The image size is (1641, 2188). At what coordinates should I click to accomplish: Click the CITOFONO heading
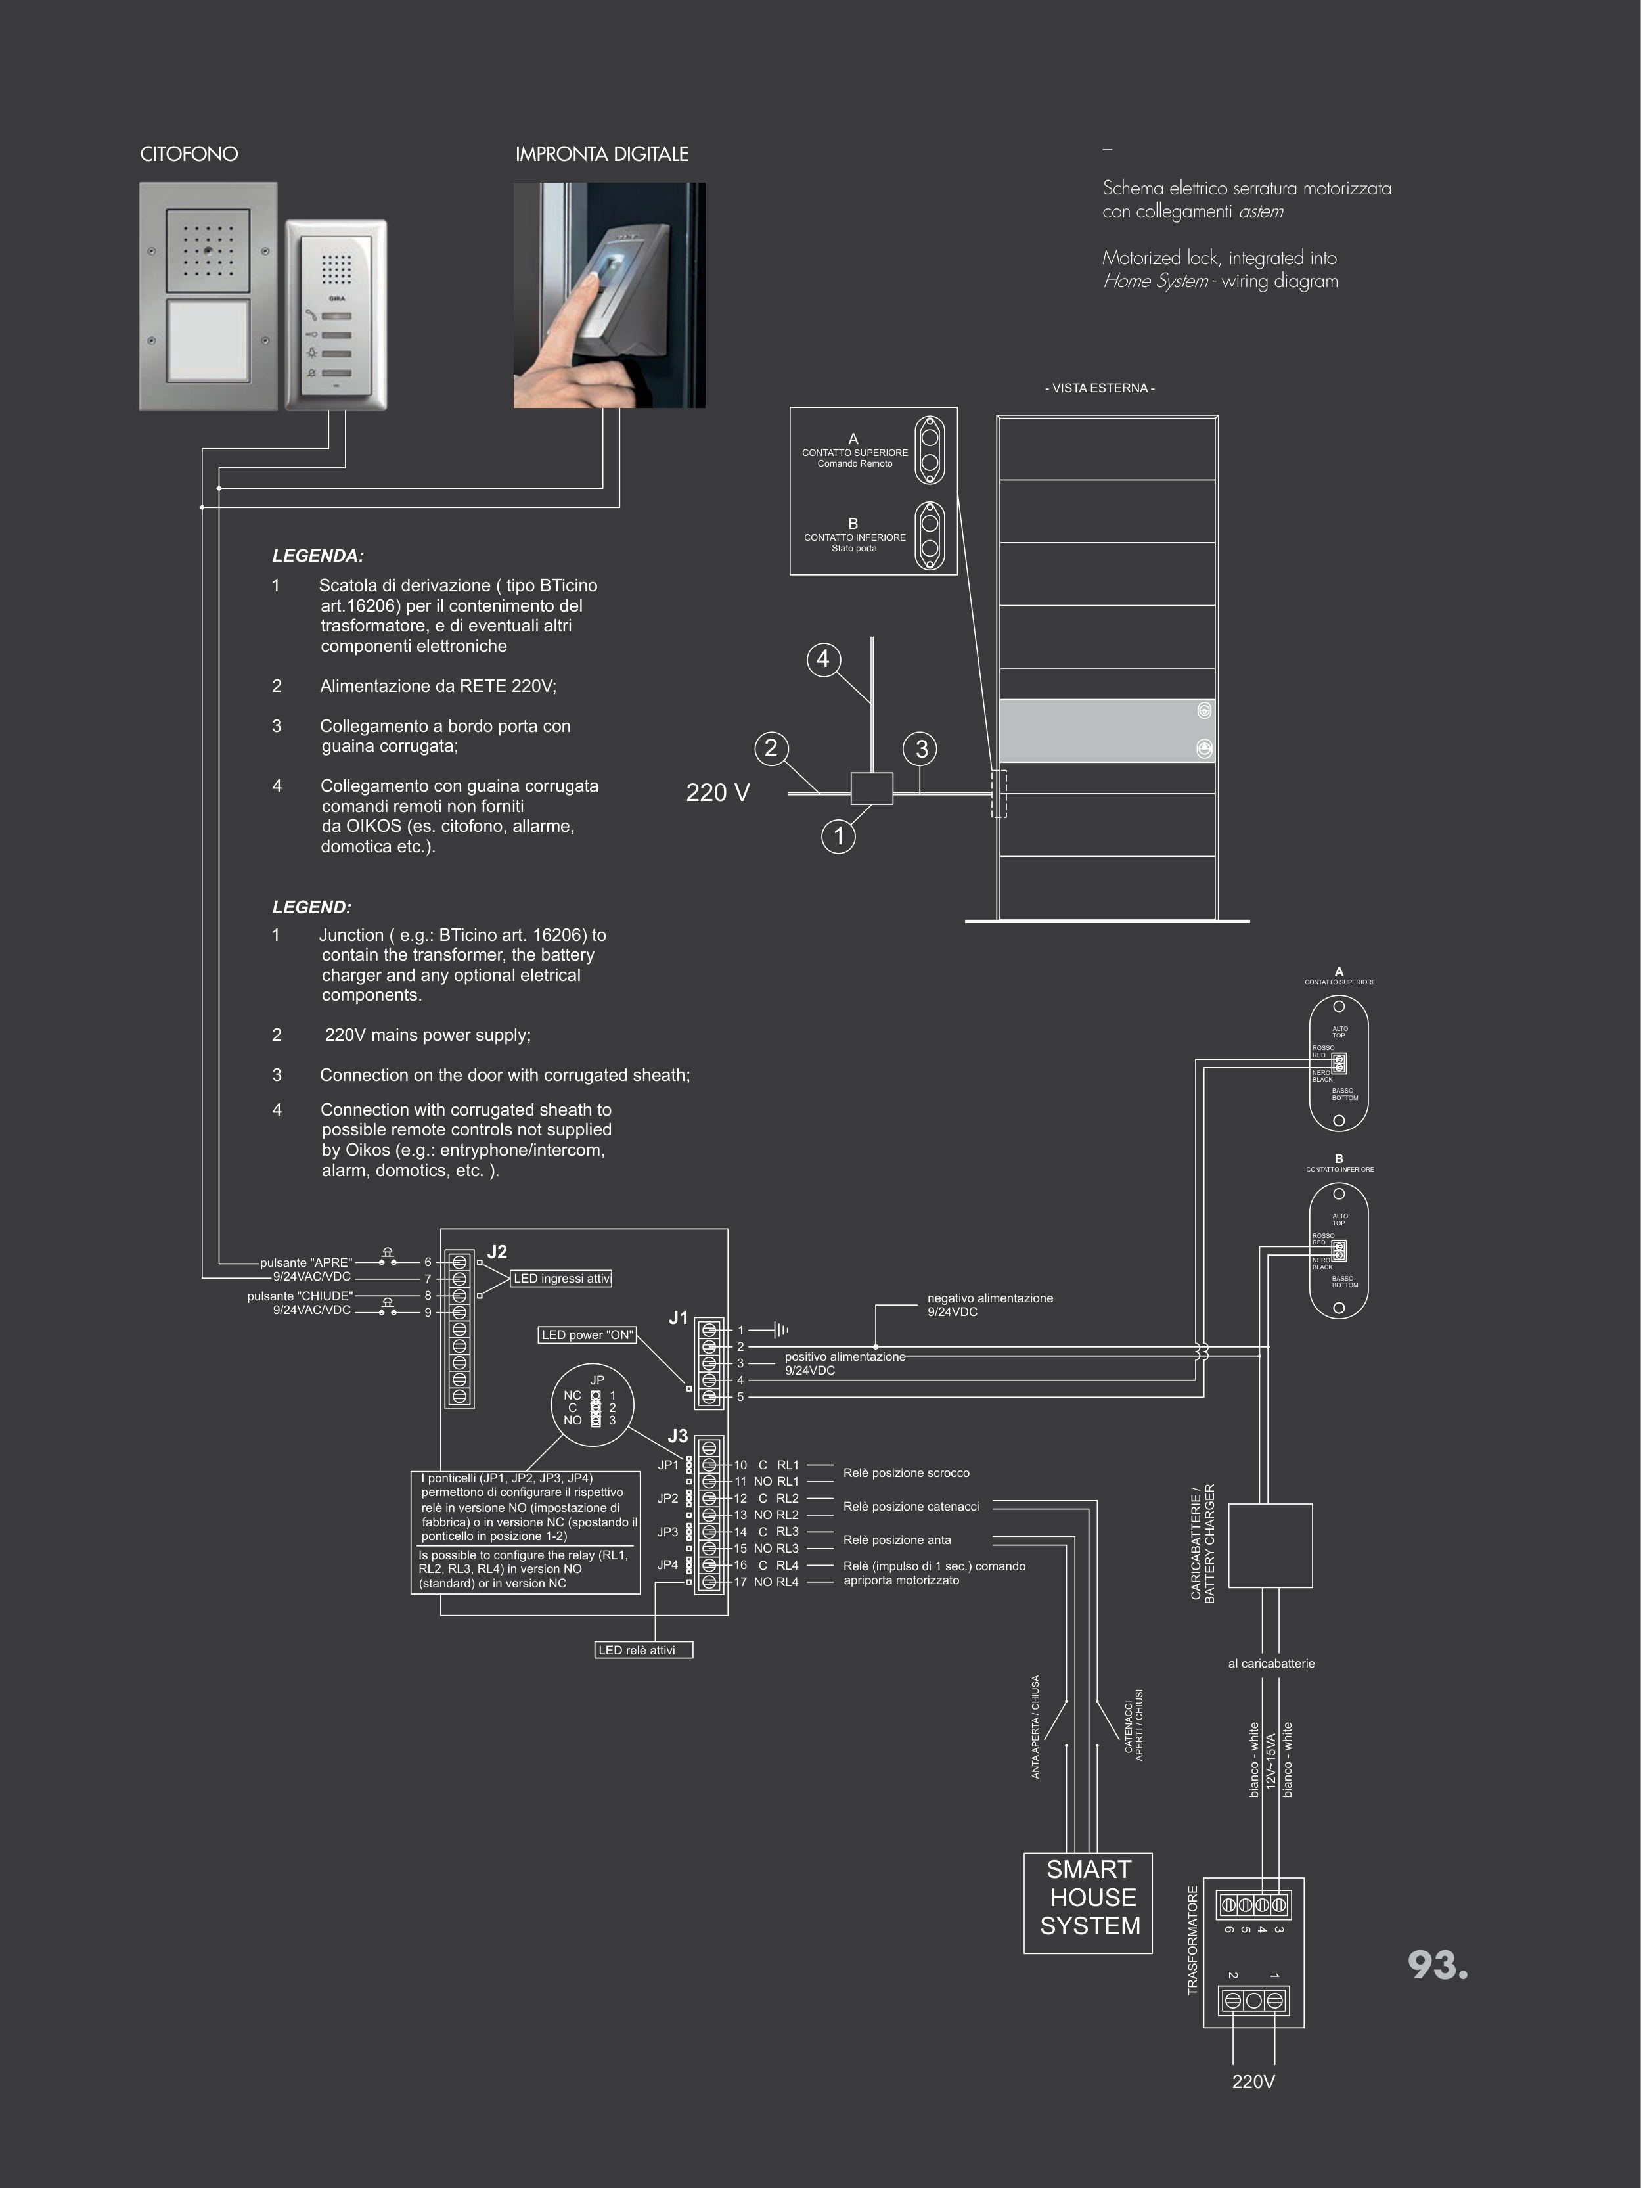[189, 154]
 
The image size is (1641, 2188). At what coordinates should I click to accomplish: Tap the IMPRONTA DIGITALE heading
[601, 154]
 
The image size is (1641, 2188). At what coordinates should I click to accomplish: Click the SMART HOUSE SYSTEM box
[1088, 1902]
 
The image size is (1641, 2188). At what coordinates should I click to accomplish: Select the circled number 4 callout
[823, 659]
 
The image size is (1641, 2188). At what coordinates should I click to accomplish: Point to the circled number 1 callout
[839, 836]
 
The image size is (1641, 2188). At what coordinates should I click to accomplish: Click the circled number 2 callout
[771, 748]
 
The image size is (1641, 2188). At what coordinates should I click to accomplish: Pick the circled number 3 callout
[922, 749]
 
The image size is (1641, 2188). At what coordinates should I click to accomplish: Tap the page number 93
[1437, 1965]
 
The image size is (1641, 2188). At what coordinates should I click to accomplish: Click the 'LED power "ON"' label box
[587, 1335]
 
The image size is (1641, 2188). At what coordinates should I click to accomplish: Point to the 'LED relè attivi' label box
[643, 1650]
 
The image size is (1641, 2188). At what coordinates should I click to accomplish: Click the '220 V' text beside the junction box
[718, 792]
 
